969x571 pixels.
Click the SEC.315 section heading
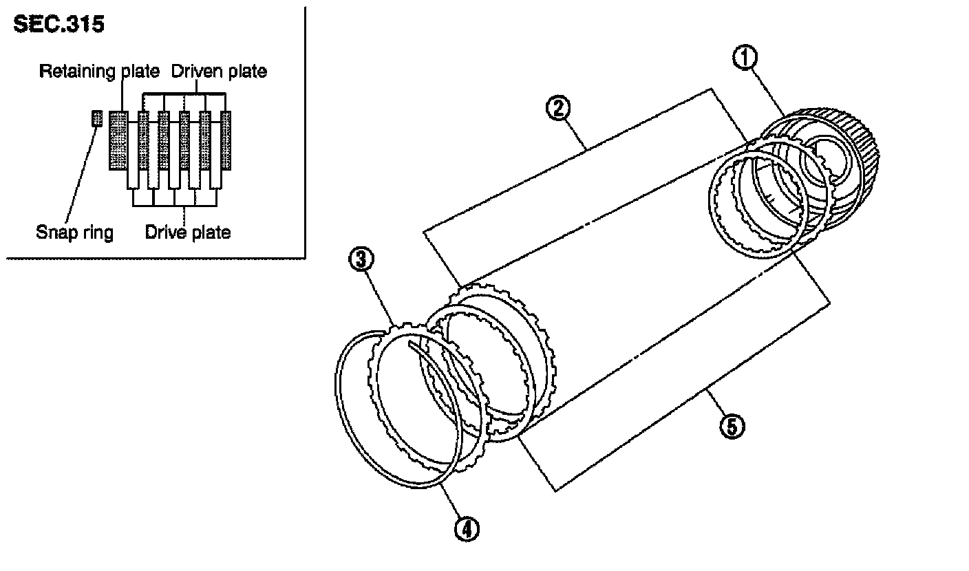[x=58, y=24]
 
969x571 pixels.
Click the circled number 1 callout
[x=745, y=58]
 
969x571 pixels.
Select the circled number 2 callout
[x=558, y=108]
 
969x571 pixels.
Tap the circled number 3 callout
[x=361, y=259]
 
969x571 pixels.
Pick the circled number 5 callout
[x=732, y=426]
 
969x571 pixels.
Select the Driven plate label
[x=219, y=72]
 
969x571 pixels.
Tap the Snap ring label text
[x=74, y=233]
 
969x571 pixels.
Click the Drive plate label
[x=188, y=233]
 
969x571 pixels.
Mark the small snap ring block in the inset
[x=97, y=118]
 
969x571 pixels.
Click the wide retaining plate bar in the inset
[x=118, y=140]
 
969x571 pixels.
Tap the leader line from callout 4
[x=451, y=501]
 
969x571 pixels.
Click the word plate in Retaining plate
[x=140, y=72]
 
